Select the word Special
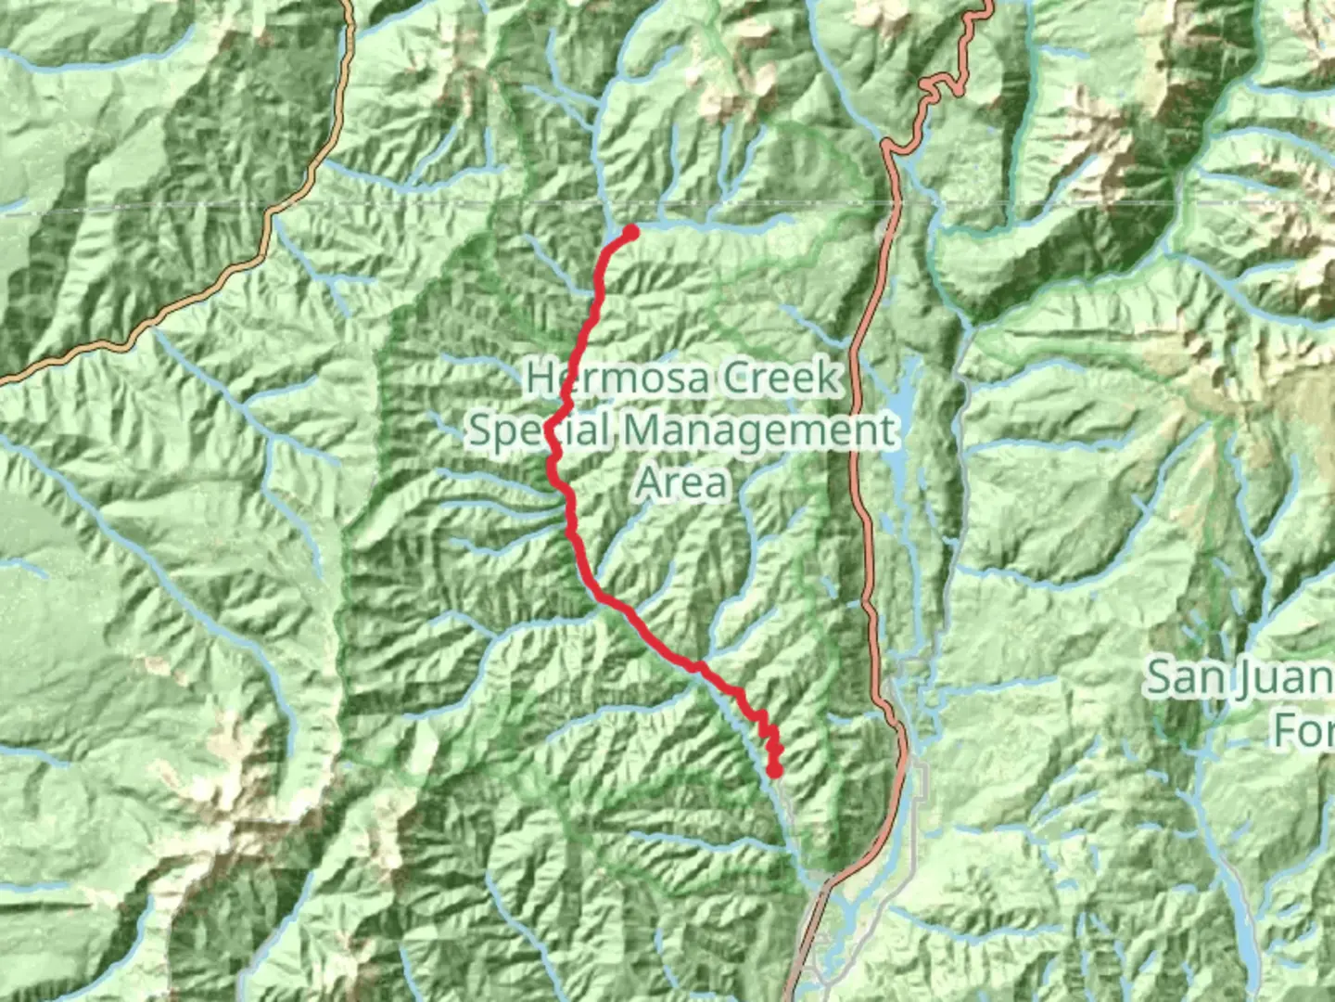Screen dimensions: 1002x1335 click(x=540, y=431)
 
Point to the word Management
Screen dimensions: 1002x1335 click(x=760, y=431)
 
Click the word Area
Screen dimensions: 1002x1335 click(x=682, y=483)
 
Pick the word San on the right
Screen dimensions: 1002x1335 click(x=1183, y=677)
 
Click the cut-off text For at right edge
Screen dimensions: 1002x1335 click(x=1303, y=729)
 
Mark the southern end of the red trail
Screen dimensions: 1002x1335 click(x=774, y=770)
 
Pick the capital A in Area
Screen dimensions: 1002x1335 click(x=650, y=483)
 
